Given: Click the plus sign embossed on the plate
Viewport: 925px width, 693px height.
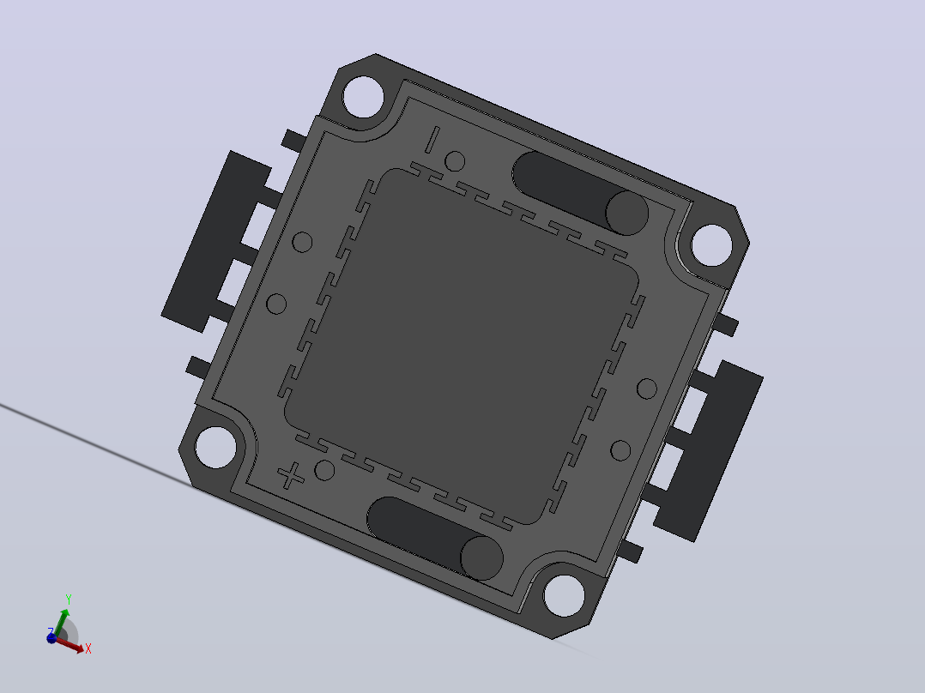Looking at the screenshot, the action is [290, 475].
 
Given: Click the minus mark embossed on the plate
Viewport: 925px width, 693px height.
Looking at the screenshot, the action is [432, 140].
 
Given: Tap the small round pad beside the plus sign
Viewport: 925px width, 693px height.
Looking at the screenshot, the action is [324, 470].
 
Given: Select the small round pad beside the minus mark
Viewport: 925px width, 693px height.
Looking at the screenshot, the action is [454, 161].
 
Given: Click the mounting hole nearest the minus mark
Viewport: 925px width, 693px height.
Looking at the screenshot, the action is [363, 97].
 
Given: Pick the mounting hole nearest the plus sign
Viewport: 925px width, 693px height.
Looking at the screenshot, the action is [215, 447].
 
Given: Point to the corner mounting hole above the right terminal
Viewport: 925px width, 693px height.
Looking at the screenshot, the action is [711, 244].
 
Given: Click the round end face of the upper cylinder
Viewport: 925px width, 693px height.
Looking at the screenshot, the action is [627, 213].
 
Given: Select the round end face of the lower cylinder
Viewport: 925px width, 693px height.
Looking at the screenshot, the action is [482, 558].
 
